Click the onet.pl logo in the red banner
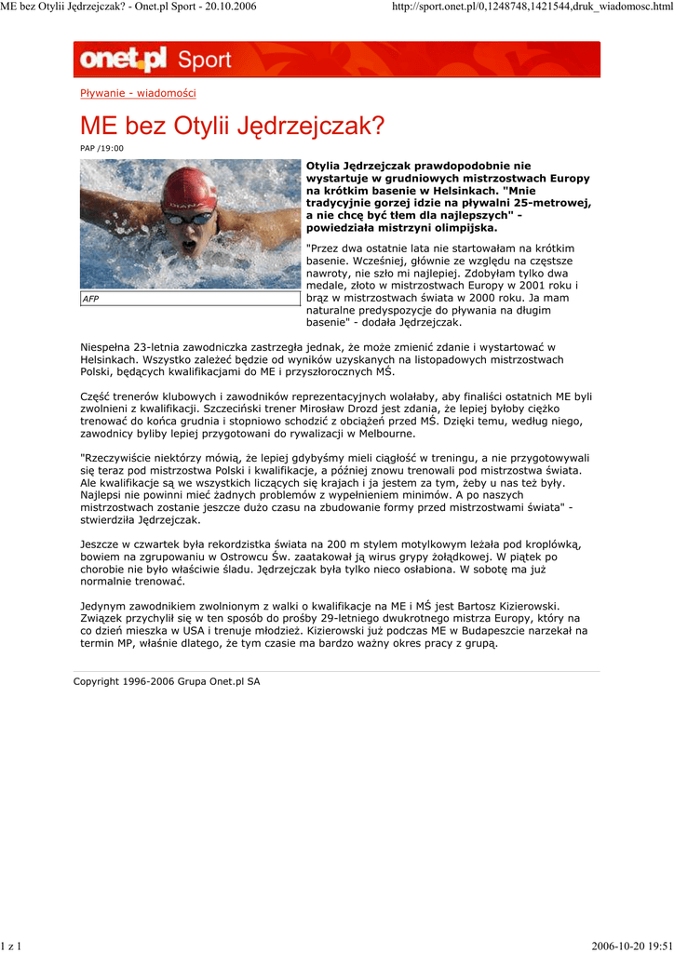pos(123,60)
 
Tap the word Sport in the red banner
pos(204,60)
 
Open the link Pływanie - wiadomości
pos(138,93)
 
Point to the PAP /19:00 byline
pos(101,148)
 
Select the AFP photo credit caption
pos(90,299)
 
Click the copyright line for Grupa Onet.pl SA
pos(167,681)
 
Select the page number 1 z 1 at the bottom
pos(12,946)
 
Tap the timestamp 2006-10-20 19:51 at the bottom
pos(631,946)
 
